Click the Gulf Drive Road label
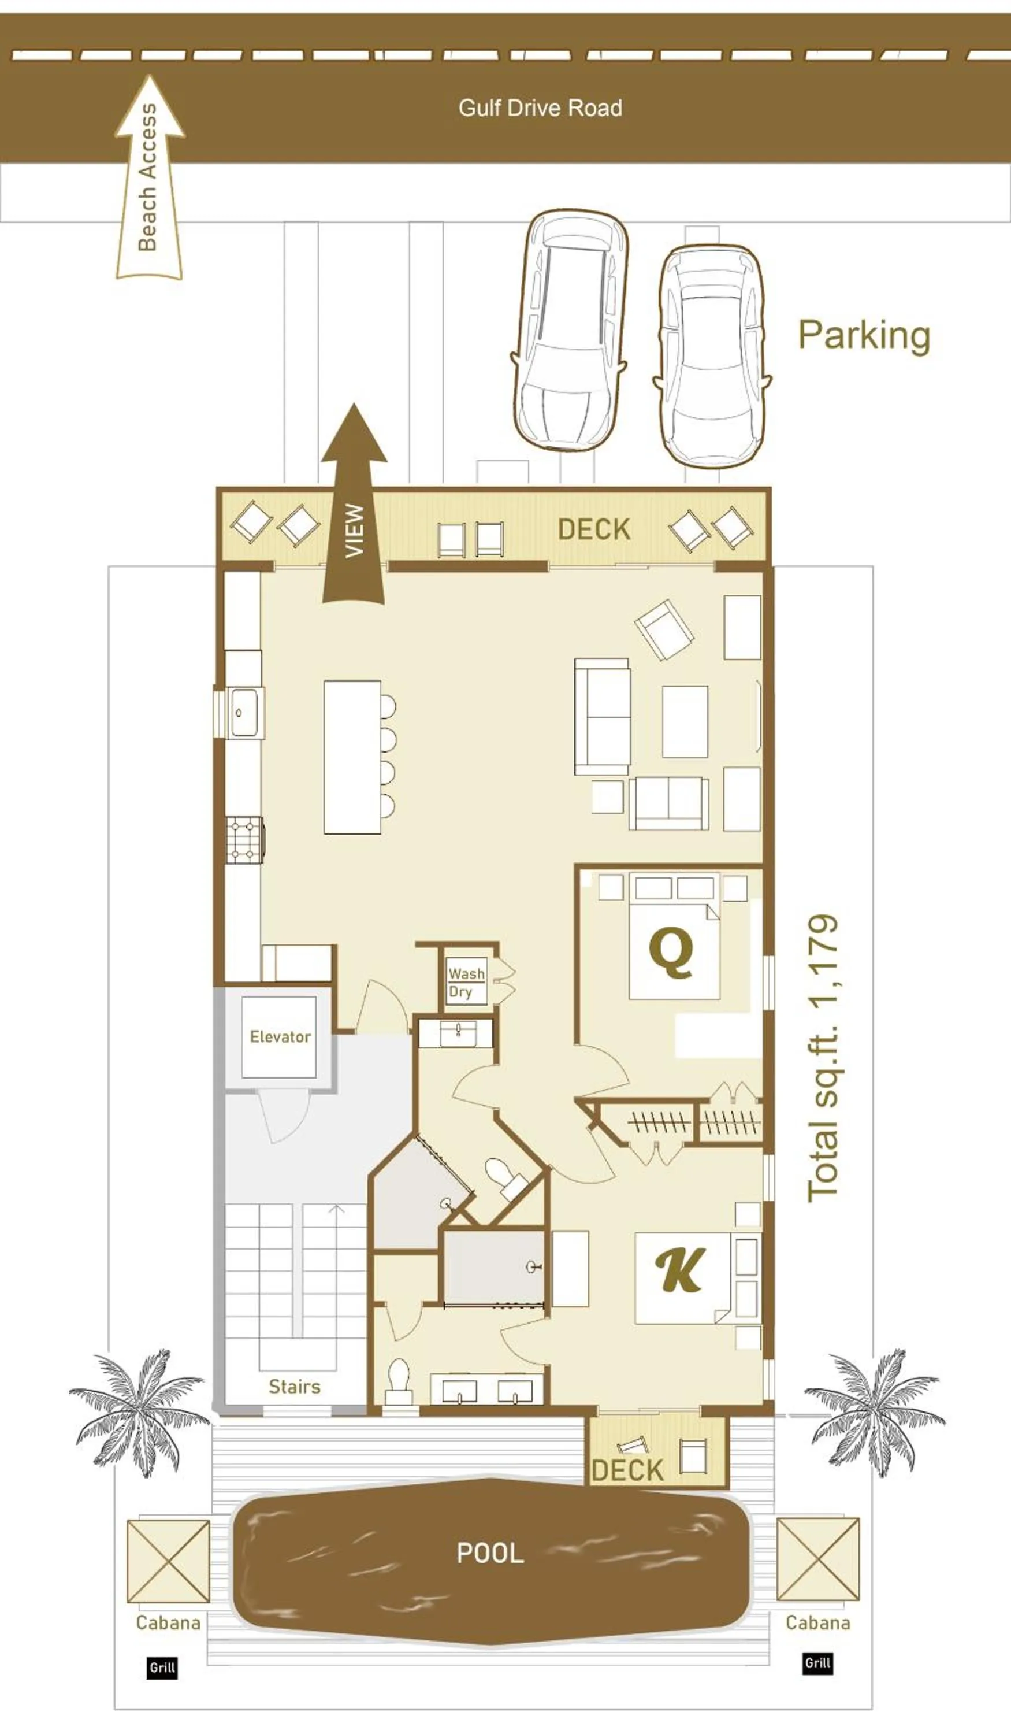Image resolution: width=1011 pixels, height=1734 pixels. (540, 108)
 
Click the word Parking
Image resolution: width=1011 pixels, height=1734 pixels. (864, 335)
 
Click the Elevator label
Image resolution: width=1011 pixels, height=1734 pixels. (280, 1036)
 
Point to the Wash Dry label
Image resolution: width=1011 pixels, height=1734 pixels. (466, 982)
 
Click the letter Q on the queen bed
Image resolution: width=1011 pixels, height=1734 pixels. (671, 951)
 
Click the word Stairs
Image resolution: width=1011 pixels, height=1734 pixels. (295, 1386)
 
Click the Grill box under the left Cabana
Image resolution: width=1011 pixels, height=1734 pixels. (162, 1668)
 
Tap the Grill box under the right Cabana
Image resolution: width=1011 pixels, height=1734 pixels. (817, 1662)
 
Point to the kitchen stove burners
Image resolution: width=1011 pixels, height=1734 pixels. (245, 839)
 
